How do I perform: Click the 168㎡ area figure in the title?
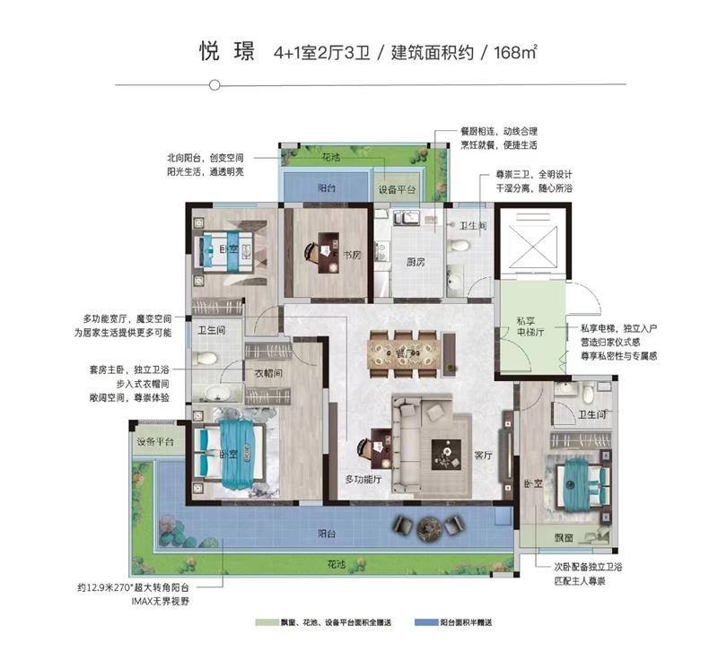click(x=515, y=53)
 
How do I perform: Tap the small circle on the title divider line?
click(x=215, y=85)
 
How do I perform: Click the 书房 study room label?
click(x=352, y=255)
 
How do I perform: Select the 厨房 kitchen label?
click(x=416, y=262)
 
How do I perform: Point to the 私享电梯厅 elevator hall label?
click(x=530, y=326)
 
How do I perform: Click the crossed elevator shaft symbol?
click(x=533, y=248)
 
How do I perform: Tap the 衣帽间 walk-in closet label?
click(x=268, y=373)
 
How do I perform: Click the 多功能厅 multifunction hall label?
click(x=363, y=480)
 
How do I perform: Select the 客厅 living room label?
click(x=484, y=456)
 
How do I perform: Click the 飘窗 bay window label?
click(x=564, y=538)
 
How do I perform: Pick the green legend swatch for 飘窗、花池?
click(x=267, y=622)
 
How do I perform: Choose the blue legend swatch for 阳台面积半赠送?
click(x=426, y=622)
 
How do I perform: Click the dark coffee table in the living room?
click(x=446, y=455)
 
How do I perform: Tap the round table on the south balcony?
click(x=429, y=527)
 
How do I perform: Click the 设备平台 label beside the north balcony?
click(x=397, y=190)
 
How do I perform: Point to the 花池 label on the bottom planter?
click(x=337, y=564)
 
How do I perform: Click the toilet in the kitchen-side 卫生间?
click(x=460, y=245)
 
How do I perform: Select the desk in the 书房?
click(x=328, y=253)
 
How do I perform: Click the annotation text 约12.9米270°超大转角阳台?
click(x=133, y=587)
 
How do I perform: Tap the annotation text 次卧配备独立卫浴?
click(x=589, y=567)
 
